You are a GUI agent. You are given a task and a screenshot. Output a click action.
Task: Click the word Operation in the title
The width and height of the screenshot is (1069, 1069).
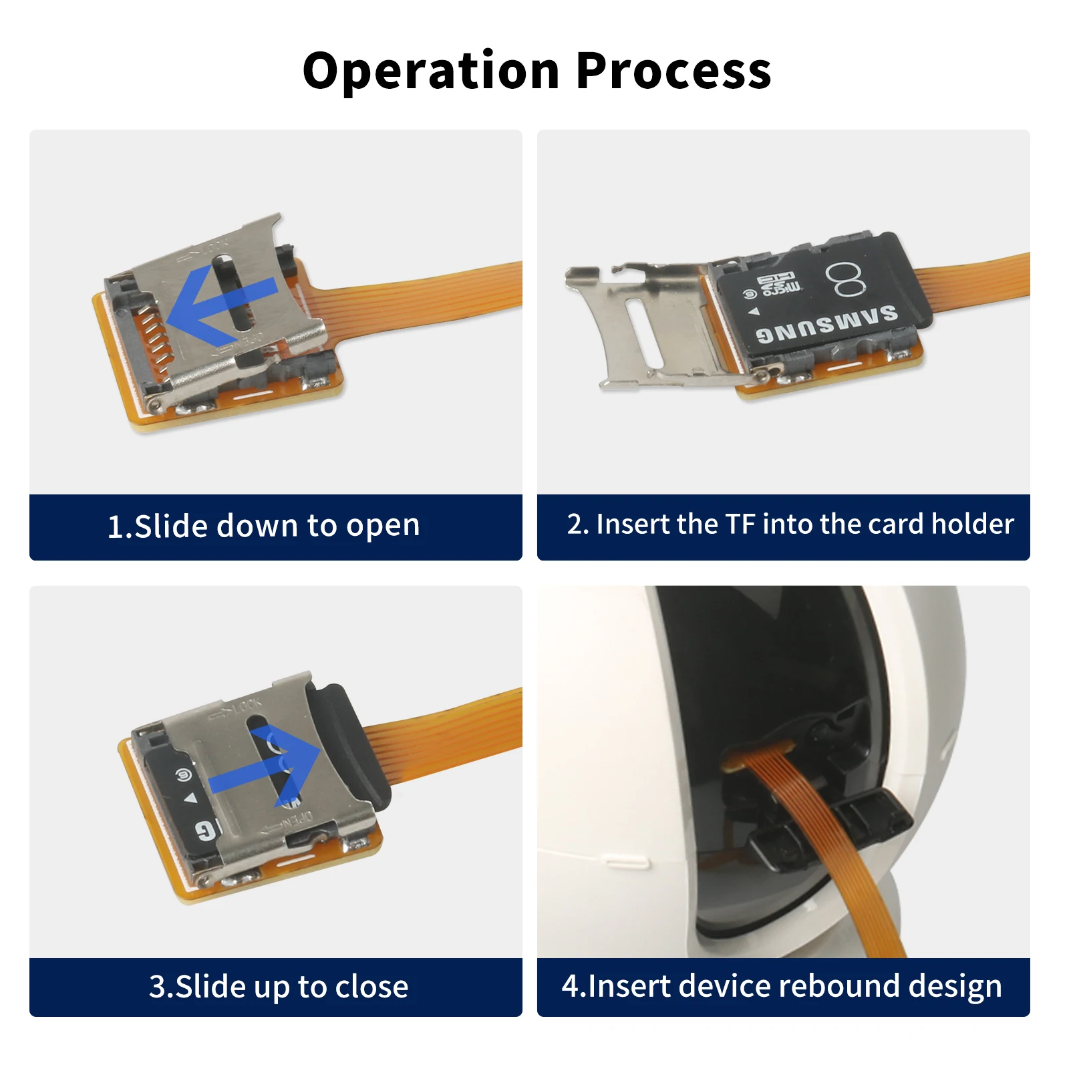pos(431,71)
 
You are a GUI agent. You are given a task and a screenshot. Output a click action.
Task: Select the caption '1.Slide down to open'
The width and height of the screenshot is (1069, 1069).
pos(264,526)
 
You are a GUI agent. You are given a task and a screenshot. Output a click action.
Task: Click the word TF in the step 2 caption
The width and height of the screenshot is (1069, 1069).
pos(740,524)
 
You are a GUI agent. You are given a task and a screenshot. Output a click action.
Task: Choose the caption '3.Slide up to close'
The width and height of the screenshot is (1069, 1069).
pos(278,987)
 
